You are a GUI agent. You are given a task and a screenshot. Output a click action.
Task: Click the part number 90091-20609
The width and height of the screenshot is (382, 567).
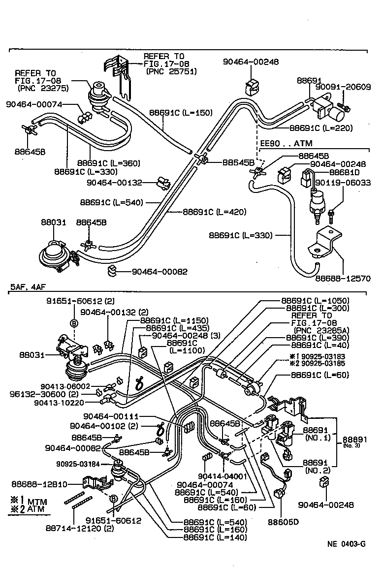tap(343, 87)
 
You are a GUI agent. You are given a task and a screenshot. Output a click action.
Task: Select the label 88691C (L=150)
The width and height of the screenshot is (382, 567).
tap(181, 113)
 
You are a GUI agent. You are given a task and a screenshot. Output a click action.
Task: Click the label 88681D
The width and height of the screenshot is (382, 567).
tap(343, 173)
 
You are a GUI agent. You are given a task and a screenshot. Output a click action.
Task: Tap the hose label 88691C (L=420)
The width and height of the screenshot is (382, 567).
tap(215, 212)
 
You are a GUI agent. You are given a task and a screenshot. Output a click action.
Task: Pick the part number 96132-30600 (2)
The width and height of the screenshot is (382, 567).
tap(43, 394)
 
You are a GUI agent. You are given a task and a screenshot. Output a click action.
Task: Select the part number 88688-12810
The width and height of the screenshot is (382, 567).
tap(40, 484)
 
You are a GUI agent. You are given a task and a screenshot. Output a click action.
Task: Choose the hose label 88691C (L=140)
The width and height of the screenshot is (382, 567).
tap(215, 537)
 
